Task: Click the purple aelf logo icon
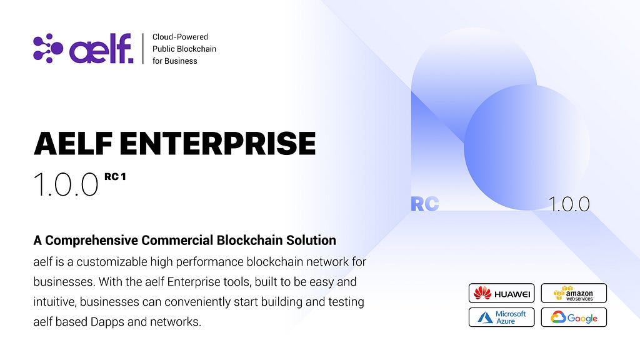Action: click(48, 48)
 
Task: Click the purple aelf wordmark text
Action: click(101, 48)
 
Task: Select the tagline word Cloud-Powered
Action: click(180, 37)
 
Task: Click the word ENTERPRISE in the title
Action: click(217, 143)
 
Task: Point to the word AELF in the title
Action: click(73, 143)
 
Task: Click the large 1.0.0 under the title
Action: click(66, 184)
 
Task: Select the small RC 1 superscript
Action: click(115, 177)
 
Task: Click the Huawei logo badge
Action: click(502, 293)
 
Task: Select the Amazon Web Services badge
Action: click(574, 293)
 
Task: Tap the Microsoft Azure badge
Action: click(502, 317)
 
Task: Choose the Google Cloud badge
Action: click(574, 317)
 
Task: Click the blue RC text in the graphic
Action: click(425, 204)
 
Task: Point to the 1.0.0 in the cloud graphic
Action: click(569, 204)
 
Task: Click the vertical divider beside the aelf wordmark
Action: click(143, 49)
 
